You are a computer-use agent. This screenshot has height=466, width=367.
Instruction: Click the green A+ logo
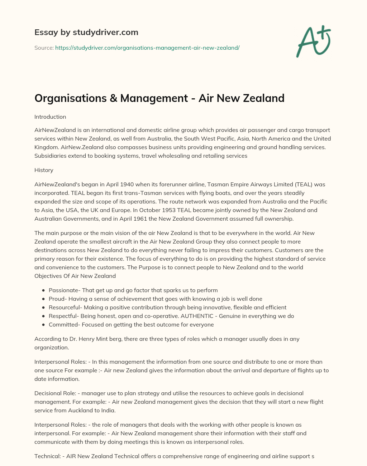point(313,42)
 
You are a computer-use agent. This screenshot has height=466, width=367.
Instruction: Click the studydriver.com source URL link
point(147,48)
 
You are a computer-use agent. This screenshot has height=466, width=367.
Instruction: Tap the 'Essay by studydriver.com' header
point(86,32)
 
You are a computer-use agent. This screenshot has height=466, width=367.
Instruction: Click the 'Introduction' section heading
point(50,117)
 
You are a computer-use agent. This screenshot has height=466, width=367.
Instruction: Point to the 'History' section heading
point(44,170)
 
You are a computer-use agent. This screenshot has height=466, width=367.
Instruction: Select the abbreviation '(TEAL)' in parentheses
point(304,185)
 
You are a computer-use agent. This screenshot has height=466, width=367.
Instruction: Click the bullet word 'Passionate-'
point(65,290)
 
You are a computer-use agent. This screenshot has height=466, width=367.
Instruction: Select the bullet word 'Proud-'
point(58,299)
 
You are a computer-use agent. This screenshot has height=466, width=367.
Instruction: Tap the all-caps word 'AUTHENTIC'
point(197,316)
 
